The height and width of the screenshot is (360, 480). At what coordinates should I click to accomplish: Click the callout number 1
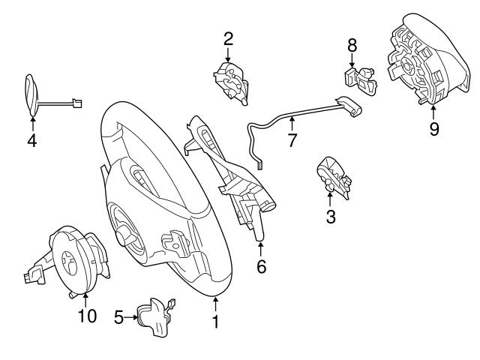215,322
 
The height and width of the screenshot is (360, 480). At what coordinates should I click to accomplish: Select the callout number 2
228,37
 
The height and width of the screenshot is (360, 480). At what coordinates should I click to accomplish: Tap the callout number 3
330,217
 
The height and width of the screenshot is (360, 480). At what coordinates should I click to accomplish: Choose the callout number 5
118,317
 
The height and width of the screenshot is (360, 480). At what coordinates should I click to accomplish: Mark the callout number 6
261,265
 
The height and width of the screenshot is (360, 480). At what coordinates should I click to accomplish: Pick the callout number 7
292,139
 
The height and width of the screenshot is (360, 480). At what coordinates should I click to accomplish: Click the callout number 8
352,45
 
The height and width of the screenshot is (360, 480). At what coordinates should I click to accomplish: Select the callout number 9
433,128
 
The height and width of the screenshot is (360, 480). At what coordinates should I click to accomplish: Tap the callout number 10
87,316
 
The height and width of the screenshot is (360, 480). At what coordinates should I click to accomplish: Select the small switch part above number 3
333,178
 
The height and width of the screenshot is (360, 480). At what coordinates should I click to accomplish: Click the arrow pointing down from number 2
228,54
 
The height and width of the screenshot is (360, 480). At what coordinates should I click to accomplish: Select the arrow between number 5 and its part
130,317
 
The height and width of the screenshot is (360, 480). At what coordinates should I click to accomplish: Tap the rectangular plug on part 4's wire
76,103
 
